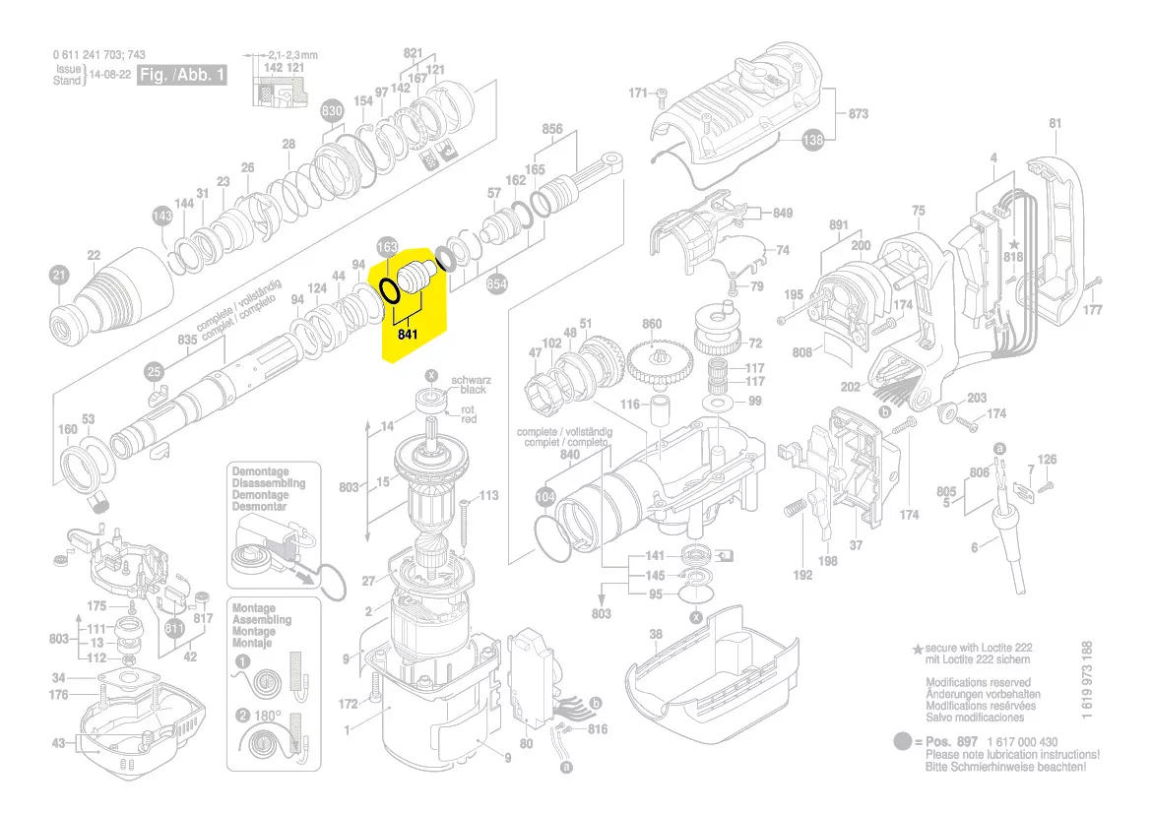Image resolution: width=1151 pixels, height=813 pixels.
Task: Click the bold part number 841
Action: (x=408, y=335)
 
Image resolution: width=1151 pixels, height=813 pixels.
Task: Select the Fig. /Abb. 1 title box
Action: (x=181, y=75)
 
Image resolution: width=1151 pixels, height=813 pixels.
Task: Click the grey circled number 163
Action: (x=388, y=246)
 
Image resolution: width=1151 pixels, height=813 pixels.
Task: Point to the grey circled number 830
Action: (x=332, y=112)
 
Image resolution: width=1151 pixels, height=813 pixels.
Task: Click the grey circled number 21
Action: (x=60, y=275)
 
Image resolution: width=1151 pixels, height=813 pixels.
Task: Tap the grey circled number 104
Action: (x=545, y=497)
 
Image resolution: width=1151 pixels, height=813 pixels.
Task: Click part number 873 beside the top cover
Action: (x=858, y=114)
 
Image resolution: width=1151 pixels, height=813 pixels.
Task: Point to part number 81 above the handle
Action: (x=1055, y=124)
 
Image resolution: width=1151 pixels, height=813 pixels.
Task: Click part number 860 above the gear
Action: (x=652, y=324)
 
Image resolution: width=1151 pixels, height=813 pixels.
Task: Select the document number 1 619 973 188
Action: (x=1086, y=681)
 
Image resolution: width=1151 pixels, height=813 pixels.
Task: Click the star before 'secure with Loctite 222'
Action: (x=918, y=651)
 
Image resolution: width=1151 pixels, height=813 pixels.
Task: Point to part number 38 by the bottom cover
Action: (x=655, y=635)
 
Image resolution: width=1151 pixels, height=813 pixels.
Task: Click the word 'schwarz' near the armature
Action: (x=470, y=380)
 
